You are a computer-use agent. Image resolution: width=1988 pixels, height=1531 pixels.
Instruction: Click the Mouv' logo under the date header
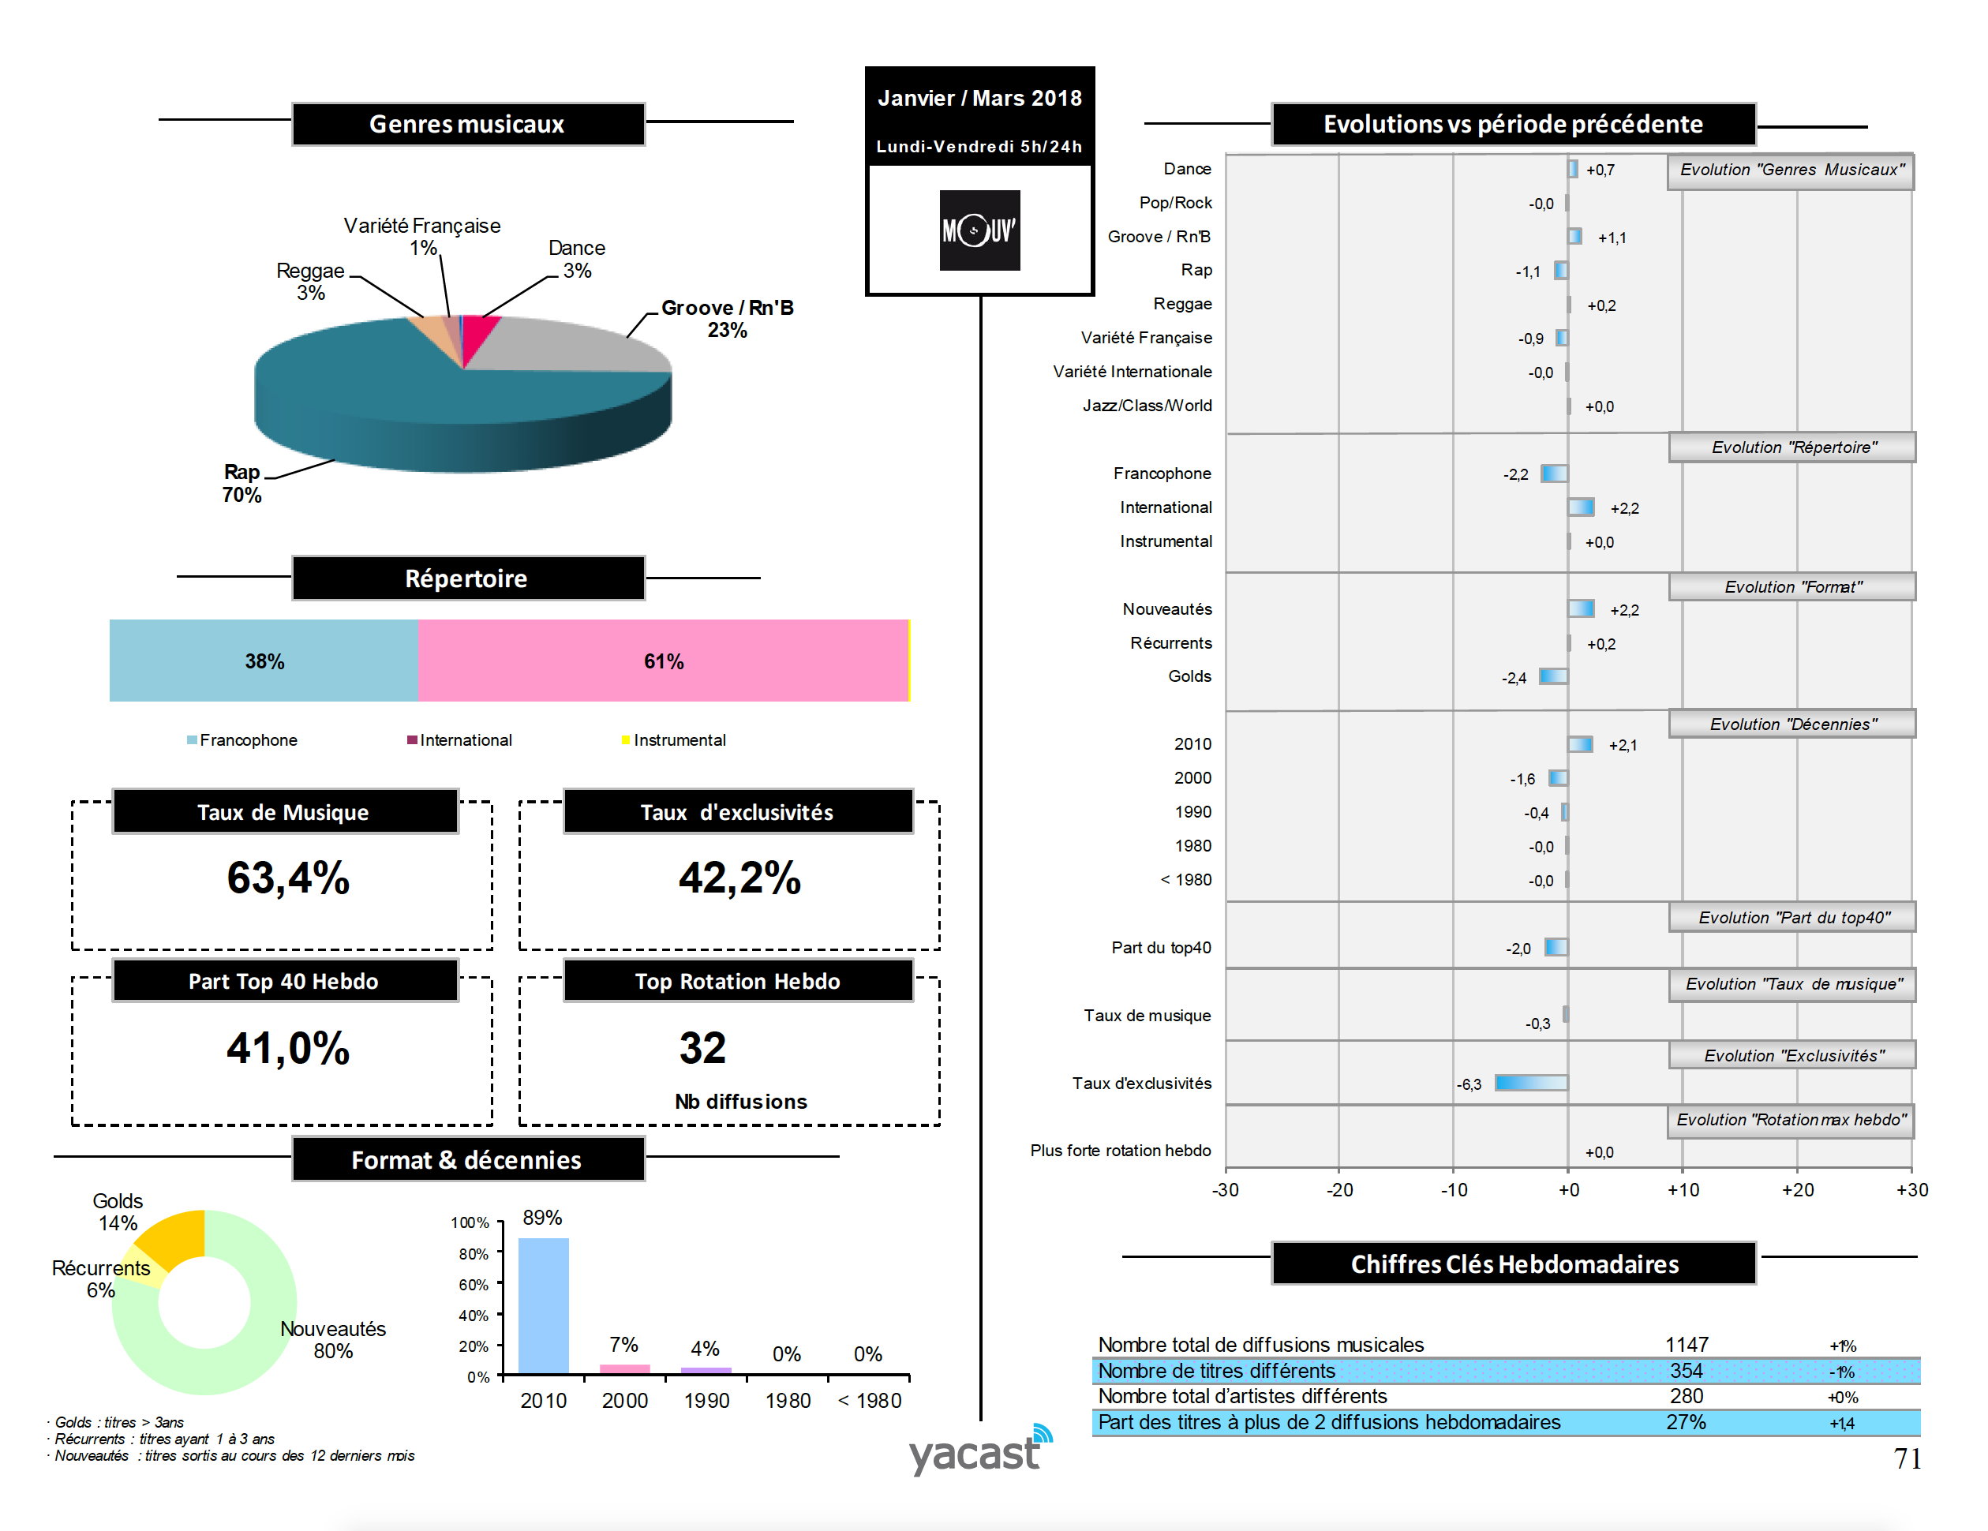(x=979, y=230)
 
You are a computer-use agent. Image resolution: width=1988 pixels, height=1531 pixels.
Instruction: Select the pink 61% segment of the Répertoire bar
(x=663, y=661)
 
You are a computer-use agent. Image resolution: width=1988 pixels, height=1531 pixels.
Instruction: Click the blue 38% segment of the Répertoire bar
(x=263, y=661)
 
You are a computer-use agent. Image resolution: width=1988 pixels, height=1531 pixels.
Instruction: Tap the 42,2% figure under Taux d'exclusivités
(x=739, y=878)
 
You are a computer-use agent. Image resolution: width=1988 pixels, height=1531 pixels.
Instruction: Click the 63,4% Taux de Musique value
(x=287, y=878)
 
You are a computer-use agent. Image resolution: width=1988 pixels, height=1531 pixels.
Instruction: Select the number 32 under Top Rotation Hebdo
(x=702, y=1048)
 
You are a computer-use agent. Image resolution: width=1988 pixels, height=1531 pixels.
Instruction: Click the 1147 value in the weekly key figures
(x=1686, y=1345)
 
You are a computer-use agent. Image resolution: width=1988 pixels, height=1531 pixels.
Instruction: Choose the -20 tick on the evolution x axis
(x=1339, y=1189)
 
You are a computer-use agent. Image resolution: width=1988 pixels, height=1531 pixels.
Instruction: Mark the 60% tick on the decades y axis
(x=474, y=1284)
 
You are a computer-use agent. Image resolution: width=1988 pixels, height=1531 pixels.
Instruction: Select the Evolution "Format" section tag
(x=1791, y=587)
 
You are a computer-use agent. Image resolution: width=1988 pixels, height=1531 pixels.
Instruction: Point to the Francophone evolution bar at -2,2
(x=1554, y=474)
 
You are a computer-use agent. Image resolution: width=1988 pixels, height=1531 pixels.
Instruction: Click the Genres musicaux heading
(x=467, y=124)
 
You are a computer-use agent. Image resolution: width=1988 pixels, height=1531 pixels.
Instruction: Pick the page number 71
(x=1906, y=1458)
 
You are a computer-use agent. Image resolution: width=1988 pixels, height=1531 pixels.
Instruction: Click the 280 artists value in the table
(x=1686, y=1395)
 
